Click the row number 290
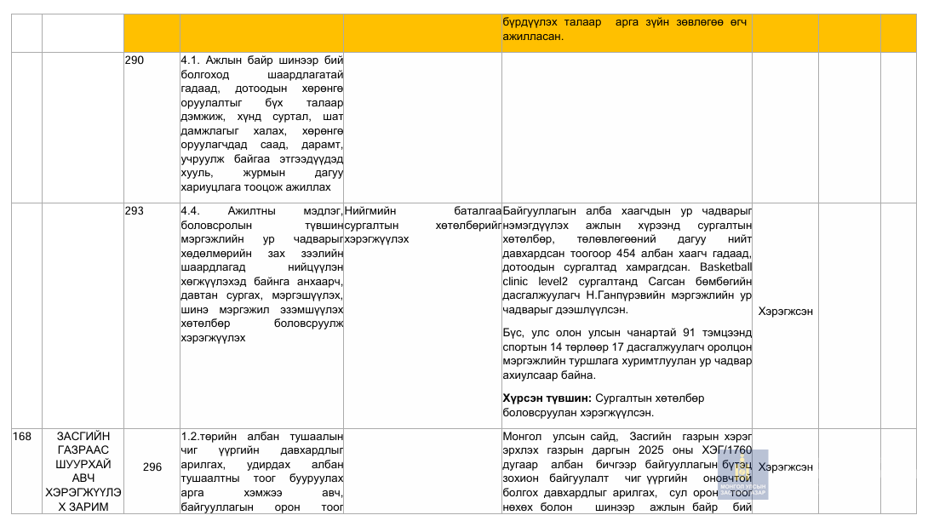coord(135,60)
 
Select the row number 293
coord(135,211)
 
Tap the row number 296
coord(152,467)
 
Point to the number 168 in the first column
coord(22,436)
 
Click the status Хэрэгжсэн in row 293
coord(785,311)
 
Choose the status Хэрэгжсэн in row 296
coord(785,467)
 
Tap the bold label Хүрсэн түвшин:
coord(547,398)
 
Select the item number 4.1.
coord(191,60)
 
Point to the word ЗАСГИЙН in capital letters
coord(82,436)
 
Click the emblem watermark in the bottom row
coord(742,473)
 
